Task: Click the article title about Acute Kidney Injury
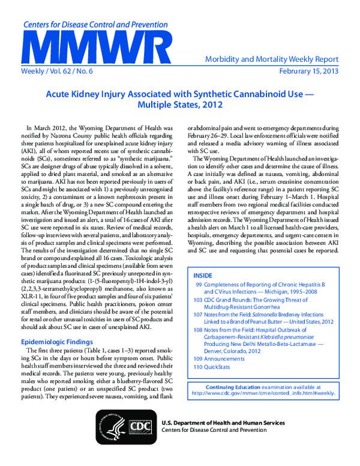(180, 99)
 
